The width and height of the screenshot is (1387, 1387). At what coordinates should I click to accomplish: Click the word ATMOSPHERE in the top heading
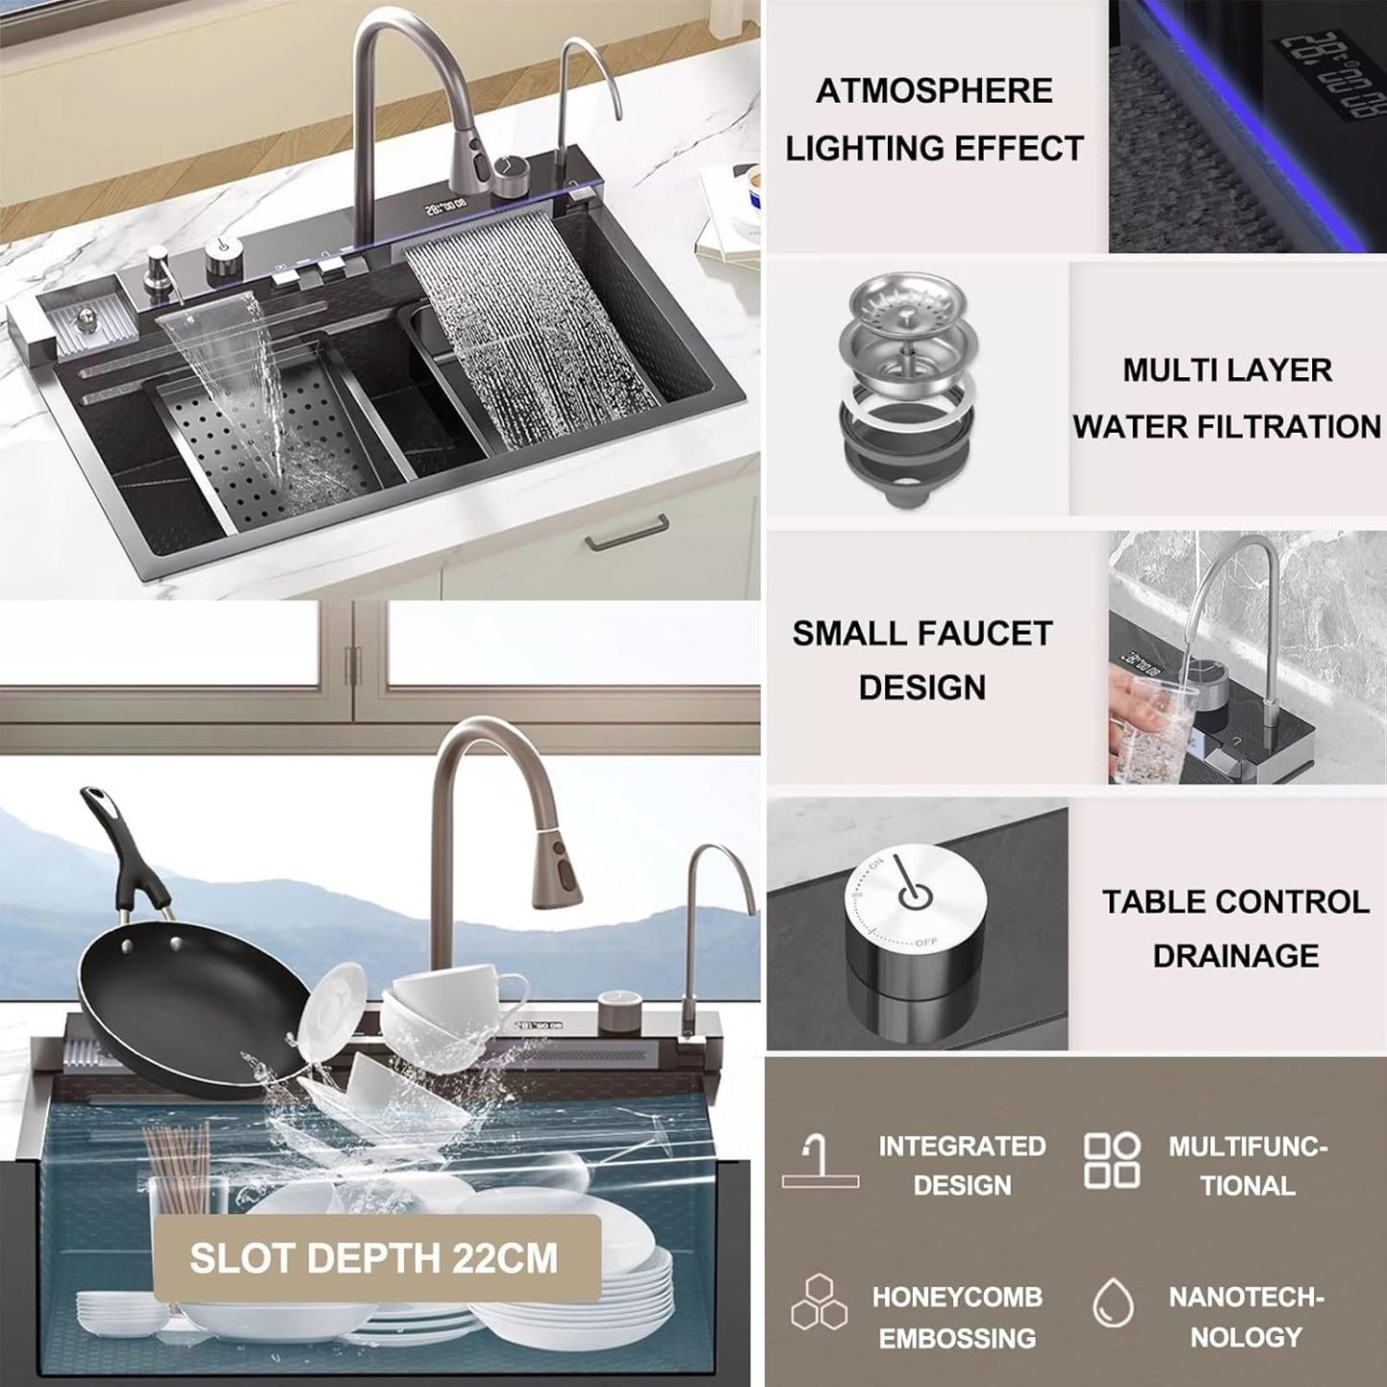tap(934, 91)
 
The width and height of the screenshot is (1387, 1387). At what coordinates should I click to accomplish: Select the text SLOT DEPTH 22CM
tap(373, 1257)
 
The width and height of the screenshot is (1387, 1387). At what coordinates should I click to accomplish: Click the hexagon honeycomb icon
tap(820, 1302)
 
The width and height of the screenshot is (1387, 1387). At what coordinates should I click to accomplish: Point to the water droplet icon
tap(1112, 1303)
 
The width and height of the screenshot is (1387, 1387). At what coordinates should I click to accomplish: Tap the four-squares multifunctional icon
tap(1112, 1160)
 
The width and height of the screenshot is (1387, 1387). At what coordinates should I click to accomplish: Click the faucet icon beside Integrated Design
tap(821, 1160)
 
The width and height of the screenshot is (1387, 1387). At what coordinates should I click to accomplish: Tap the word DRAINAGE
tap(1235, 956)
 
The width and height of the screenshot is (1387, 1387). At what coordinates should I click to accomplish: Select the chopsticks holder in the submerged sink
tap(179, 1173)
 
